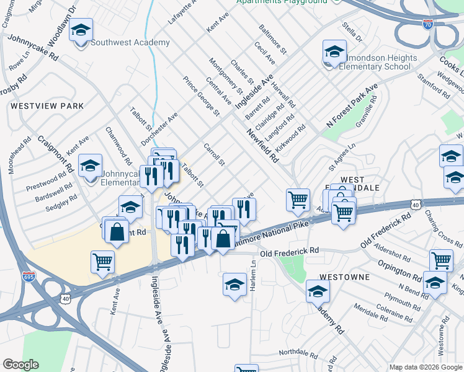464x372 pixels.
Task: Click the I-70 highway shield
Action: coord(427,25)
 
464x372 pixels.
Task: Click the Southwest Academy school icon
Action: coord(80,30)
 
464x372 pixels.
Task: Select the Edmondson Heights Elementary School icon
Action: coord(334,52)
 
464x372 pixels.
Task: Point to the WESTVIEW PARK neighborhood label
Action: coord(47,106)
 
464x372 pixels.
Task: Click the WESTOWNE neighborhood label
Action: coord(345,277)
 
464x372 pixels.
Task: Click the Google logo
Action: coord(20,365)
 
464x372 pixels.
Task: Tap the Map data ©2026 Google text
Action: coord(425,367)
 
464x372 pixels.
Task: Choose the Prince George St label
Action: coord(202,96)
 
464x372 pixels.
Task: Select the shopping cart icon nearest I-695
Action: coord(102,261)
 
